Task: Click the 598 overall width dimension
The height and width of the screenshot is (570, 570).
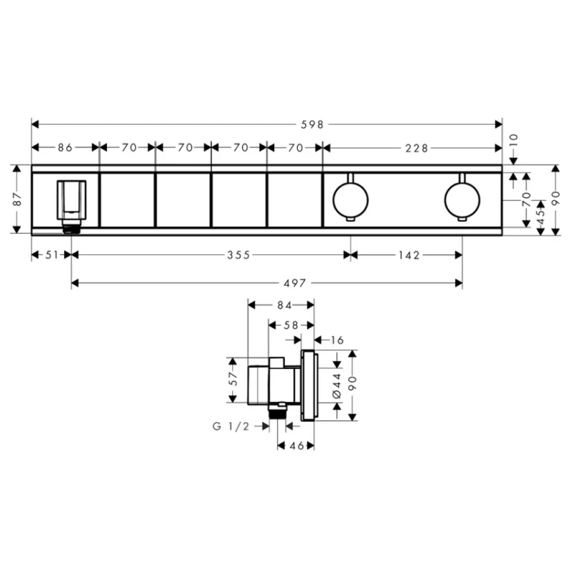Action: point(312,125)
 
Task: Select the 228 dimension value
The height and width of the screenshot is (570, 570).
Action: point(417,148)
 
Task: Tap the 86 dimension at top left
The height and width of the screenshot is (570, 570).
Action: point(65,147)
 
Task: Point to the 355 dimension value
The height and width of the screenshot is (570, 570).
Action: point(239,255)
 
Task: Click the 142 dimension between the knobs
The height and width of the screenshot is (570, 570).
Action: point(409,255)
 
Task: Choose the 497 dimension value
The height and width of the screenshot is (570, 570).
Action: point(295,283)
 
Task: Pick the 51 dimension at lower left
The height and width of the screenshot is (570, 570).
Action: point(52,255)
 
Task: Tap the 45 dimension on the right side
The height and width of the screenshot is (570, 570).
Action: point(541,217)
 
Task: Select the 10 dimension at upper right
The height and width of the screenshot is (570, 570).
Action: point(513,140)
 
